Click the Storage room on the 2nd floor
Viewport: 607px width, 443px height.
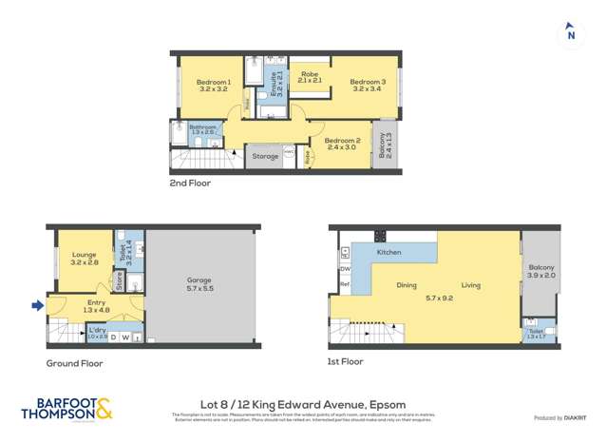pos(266,156)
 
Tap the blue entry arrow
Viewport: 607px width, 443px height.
pos(37,305)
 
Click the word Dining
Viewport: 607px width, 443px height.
pos(407,285)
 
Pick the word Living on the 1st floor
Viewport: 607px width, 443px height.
pos(471,285)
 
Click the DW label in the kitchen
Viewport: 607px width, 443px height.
pos(344,268)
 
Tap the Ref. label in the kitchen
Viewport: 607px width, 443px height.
pos(345,284)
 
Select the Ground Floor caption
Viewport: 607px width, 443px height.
pos(74,363)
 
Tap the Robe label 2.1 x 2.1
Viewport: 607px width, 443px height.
pos(310,78)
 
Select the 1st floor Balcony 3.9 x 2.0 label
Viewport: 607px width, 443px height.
pos(541,272)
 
